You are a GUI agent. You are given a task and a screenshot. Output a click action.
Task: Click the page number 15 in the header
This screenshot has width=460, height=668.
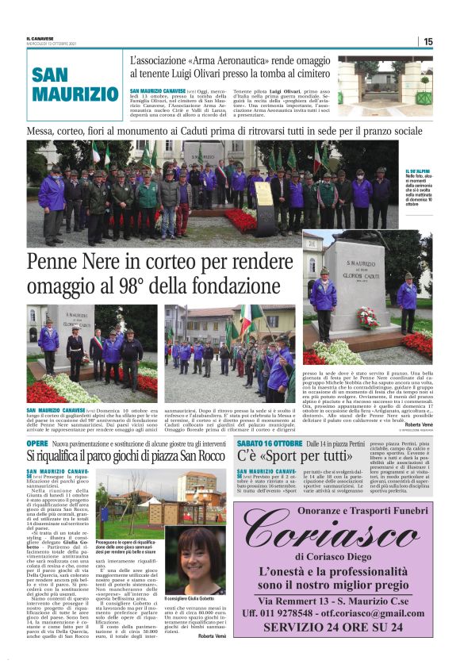427,41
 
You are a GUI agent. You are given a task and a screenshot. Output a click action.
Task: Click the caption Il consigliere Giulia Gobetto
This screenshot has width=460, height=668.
190,598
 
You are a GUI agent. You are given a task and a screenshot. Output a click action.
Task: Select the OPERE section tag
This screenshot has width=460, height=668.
37,443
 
